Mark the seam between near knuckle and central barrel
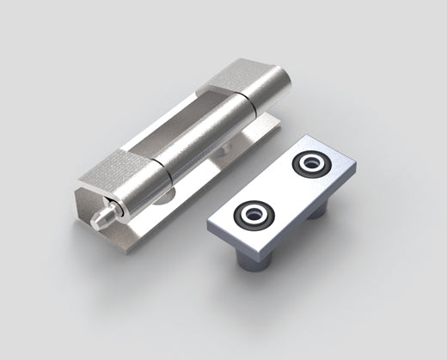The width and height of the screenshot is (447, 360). [161, 168]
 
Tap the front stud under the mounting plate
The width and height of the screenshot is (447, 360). [254, 261]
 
